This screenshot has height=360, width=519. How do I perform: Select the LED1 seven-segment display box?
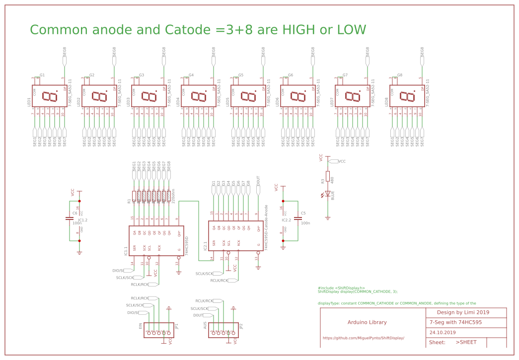tap(50, 96)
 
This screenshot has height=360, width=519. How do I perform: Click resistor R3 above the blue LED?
tap(328, 176)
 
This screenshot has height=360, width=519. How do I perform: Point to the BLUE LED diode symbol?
tap(328, 194)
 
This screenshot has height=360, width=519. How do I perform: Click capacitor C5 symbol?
tap(298, 218)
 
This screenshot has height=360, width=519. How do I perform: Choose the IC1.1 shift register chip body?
tap(156, 241)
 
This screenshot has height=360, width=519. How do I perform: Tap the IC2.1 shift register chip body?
tap(235, 235)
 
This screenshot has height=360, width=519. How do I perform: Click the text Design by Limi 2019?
tap(463, 312)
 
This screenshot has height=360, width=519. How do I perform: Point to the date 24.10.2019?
tap(443, 332)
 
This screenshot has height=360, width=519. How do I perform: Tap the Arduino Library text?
tap(367, 322)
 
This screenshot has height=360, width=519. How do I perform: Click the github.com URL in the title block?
tap(363, 338)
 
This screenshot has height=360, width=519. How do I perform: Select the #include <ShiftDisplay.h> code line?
tap(341, 288)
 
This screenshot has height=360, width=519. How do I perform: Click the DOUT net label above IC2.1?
tap(258, 181)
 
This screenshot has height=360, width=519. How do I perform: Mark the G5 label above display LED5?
tap(241, 75)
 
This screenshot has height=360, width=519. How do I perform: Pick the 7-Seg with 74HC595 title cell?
tap(455, 322)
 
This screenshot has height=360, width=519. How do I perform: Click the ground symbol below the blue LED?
tap(328, 217)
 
